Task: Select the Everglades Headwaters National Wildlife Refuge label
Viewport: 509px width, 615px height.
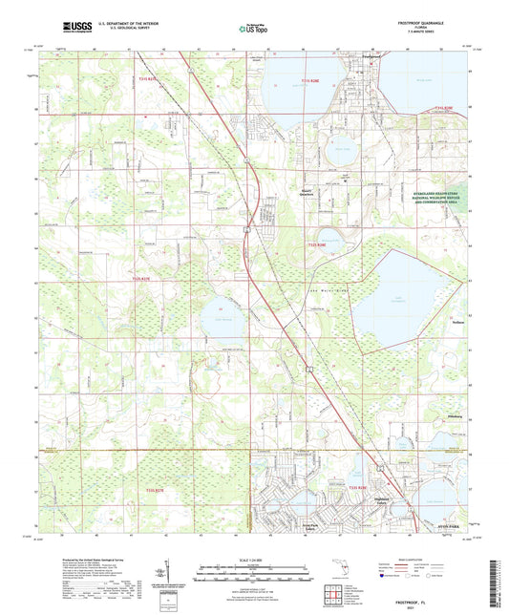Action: pyautogui.click(x=437, y=197)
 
